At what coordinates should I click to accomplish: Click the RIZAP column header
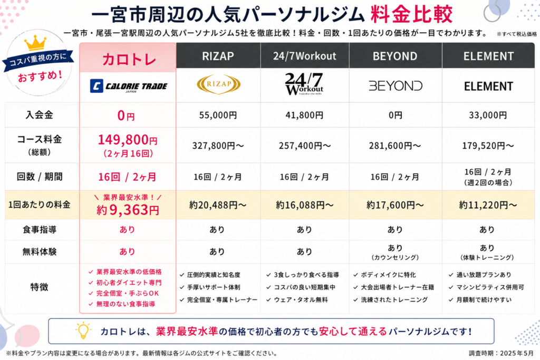[218, 56]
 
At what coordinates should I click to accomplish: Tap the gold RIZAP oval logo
[218, 84]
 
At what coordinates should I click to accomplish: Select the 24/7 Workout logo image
[304, 84]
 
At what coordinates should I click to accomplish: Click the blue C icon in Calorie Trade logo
[97, 86]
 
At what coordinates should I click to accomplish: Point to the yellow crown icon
[35, 43]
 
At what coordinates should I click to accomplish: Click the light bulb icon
[83, 330]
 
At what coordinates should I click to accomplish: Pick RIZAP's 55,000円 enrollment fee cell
[218, 115]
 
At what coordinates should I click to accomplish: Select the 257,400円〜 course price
[305, 145]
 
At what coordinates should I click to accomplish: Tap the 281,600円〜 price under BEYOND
[395, 145]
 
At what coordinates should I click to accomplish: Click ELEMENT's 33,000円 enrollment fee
[488, 115]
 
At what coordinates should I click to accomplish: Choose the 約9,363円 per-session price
[128, 210]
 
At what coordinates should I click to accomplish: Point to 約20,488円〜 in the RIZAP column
[218, 205]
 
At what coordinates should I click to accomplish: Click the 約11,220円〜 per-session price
[488, 205]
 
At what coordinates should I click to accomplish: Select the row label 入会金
[39, 114]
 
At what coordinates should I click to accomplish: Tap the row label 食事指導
[39, 230]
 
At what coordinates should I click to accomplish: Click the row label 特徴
[39, 287]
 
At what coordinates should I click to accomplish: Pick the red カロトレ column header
[128, 59]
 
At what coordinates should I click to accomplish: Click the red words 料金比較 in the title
[411, 14]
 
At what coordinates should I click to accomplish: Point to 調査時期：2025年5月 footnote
[501, 353]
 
